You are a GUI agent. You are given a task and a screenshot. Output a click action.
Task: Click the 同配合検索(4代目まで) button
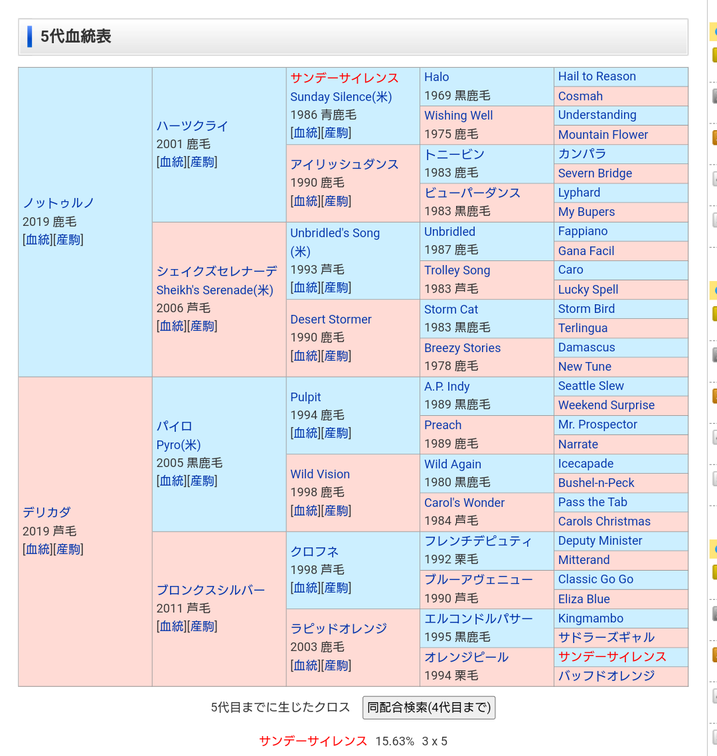pyautogui.click(x=429, y=708)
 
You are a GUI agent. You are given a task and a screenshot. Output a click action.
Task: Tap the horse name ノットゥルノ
pyautogui.click(x=59, y=203)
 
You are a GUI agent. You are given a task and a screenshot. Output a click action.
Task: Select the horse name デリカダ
pyautogui.click(x=46, y=512)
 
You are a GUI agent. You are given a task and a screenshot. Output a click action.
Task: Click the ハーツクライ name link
pyautogui.click(x=193, y=126)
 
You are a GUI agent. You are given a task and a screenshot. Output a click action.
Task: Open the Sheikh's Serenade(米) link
pyautogui.click(x=214, y=290)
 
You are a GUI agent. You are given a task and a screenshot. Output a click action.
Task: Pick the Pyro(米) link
pyautogui.click(x=179, y=445)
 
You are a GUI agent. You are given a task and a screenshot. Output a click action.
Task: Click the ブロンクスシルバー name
pyautogui.click(x=210, y=590)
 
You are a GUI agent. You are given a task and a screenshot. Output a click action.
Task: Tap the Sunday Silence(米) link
pyautogui.click(x=341, y=97)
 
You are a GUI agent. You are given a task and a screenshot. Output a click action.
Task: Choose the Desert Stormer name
pyautogui.click(x=331, y=320)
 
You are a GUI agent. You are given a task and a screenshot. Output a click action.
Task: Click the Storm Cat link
pyautogui.click(x=451, y=310)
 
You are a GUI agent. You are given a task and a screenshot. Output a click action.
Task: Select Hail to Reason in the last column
pyautogui.click(x=597, y=77)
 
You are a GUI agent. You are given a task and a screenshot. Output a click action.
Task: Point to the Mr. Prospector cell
pyautogui.click(x=597, y=425)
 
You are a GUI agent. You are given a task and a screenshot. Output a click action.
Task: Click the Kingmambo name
pyautogui.click(x=590, y=618)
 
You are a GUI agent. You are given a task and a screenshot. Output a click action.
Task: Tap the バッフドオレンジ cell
pyautogui.click(x=606, y=676)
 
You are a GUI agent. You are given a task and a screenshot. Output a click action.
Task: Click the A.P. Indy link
pyautogui.click(x=447, y=387)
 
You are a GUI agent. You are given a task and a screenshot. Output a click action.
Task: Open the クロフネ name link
pyautogui.click(x=315, y=551)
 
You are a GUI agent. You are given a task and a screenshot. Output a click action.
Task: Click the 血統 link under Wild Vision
pyautogui.click(x=305, y=511)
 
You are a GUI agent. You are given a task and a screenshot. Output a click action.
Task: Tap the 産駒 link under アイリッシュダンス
pyautogui.click(x=336, y=201)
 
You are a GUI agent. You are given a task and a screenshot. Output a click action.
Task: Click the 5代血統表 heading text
pyautogui.click(x=76, y=37)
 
